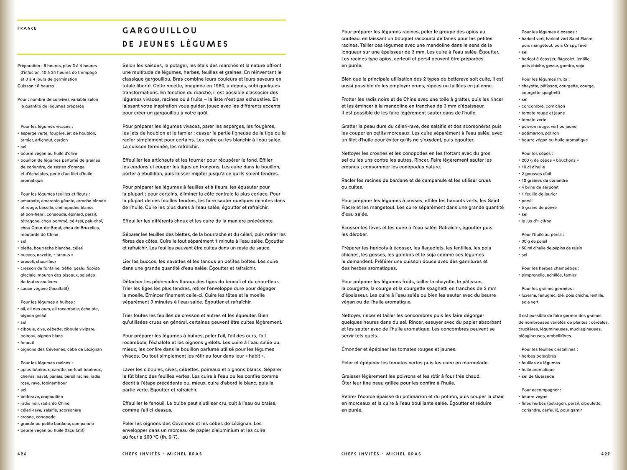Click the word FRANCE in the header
(27, 28)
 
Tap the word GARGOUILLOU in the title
(160, 30)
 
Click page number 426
(22, 454)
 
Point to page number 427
(606, 454)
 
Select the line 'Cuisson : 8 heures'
(36, 86)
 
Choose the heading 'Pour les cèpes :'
(537, 153)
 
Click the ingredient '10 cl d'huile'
(533, 167)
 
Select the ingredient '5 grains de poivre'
(539, 208)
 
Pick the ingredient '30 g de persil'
(534, 241)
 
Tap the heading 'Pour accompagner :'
(541, 390)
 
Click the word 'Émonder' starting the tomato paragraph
(352, 349)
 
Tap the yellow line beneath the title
(151, 54)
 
